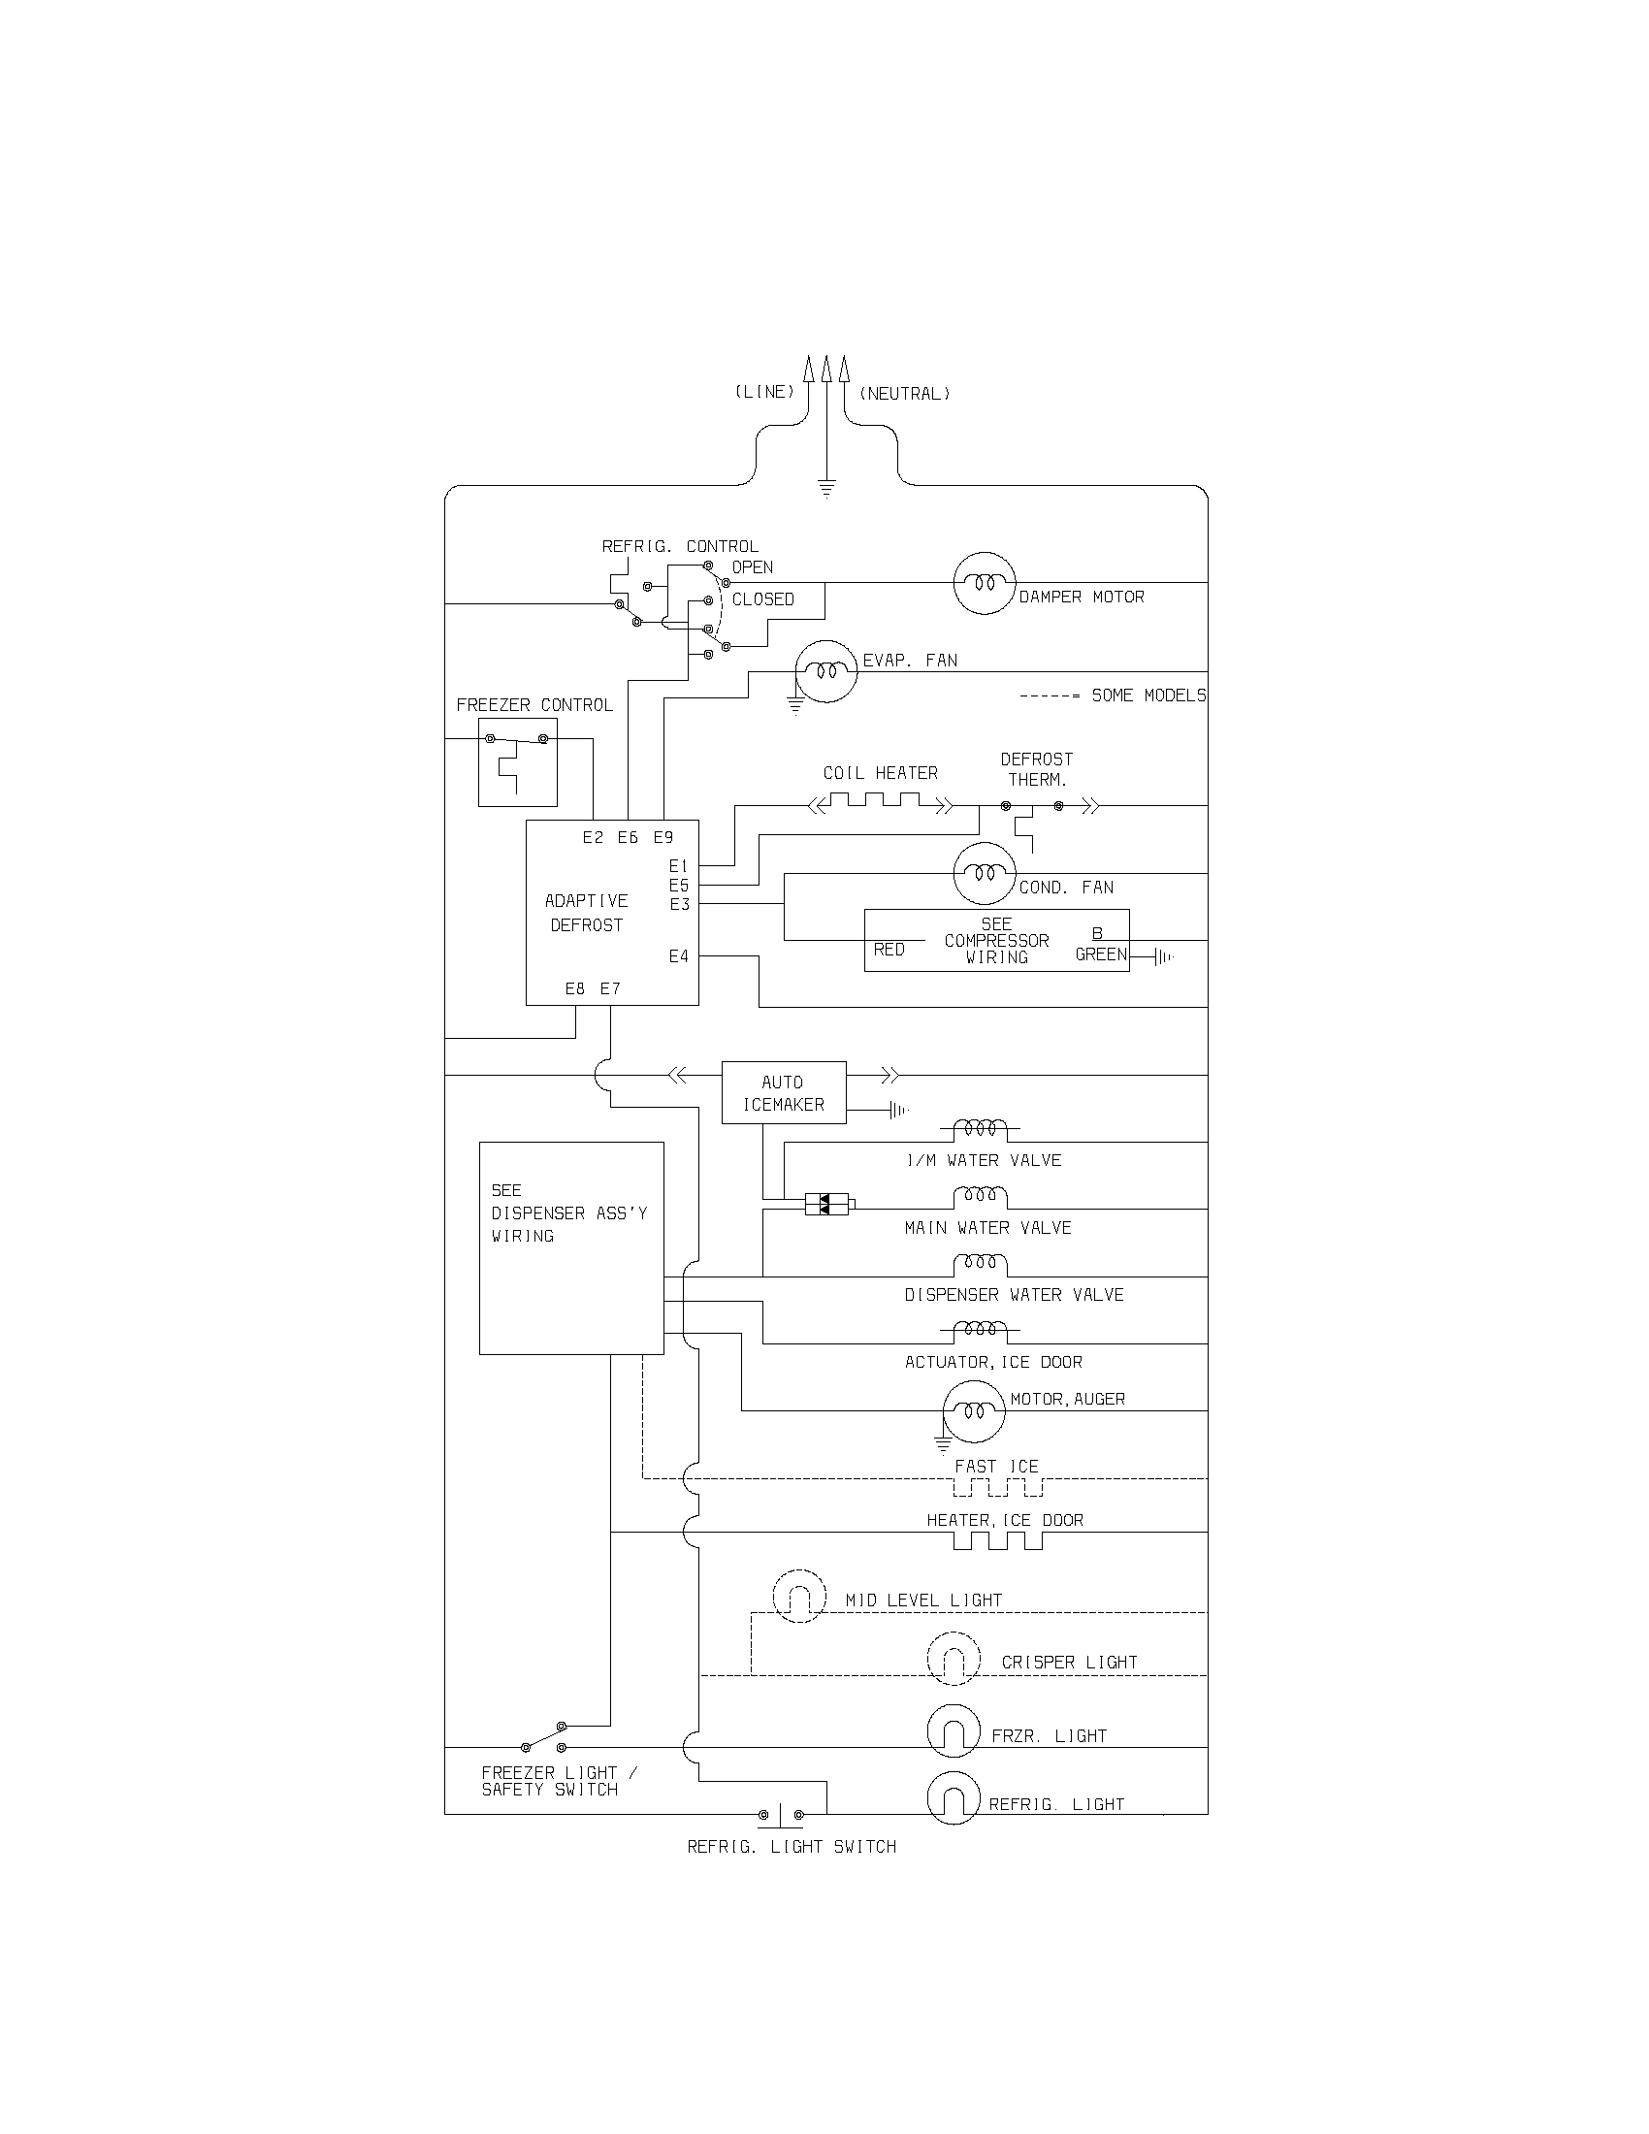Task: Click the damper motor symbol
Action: point(984,582)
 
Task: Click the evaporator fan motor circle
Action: point(825,672)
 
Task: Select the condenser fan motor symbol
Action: point(984,873)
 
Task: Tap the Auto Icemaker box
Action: point(784,1092)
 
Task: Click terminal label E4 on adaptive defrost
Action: point(679,956)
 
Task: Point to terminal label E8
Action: point(575,988)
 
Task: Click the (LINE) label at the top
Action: point(764,392)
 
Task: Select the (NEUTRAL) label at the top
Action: point(905,394)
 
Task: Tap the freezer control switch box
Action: point(517,762)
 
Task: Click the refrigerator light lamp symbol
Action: point(953,1797)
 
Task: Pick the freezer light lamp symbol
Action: point(953,1730)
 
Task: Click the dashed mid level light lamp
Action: point(799,1597)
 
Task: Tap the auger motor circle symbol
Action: point(973,1411)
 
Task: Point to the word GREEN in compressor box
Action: point(1101,954)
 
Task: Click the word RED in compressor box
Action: point(889,950)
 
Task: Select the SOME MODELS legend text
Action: point(1148,695)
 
